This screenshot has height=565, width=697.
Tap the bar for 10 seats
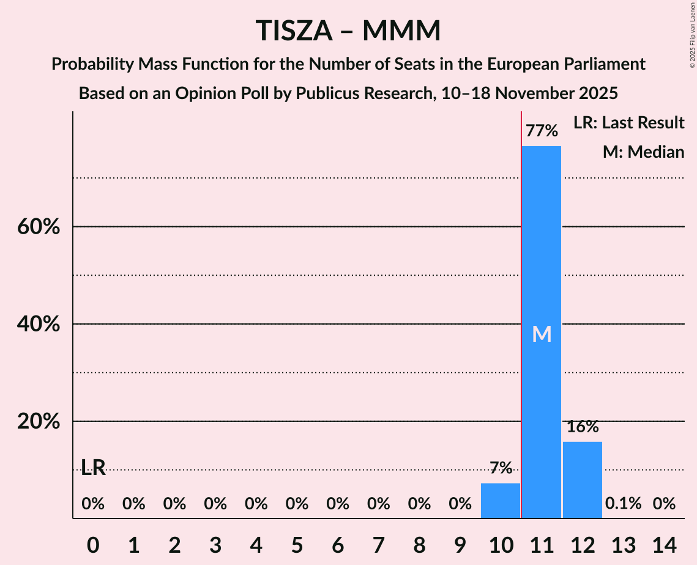(501, 501)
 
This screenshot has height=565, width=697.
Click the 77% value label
(542, 131)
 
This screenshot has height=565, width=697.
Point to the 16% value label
(582, 427)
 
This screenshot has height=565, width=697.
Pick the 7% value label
(501, 468)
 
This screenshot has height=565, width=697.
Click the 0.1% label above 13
(623, 504)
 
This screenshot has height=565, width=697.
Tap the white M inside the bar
(542, 334)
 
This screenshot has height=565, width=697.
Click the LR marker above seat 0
(93, 469)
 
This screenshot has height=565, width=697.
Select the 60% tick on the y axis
(38, 227)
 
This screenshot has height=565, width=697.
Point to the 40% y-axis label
(38, 324)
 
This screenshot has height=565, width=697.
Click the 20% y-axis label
(38, 422)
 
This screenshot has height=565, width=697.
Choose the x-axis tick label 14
(664, 543)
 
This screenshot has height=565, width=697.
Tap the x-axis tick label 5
(297, 543)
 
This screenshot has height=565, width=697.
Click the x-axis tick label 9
(460, 543)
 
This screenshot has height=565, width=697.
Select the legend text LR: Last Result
(628, 123)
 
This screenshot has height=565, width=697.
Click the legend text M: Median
(643, 152)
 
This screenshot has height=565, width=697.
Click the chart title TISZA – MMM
(348, 31)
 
